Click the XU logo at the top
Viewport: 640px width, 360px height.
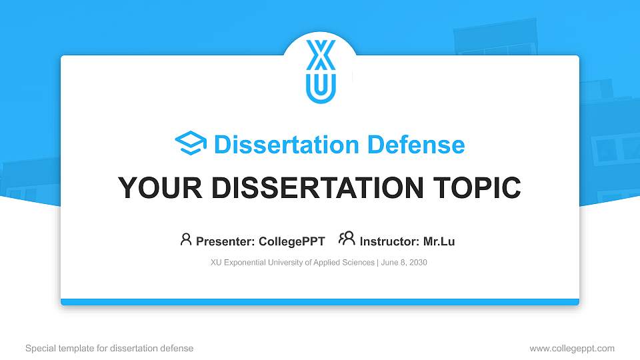[321, 71]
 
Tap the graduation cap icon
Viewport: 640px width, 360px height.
[191, 144]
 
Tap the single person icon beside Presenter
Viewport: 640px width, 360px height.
[186, 239]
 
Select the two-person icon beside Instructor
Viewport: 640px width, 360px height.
[347, 239]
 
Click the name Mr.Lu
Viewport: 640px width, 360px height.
[439, 241]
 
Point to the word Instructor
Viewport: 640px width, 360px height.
[389, 241]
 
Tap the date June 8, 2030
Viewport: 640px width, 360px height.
[405, 263]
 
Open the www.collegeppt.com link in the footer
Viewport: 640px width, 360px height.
[572, 348]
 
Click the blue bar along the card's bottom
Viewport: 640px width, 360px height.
[320, 302]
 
